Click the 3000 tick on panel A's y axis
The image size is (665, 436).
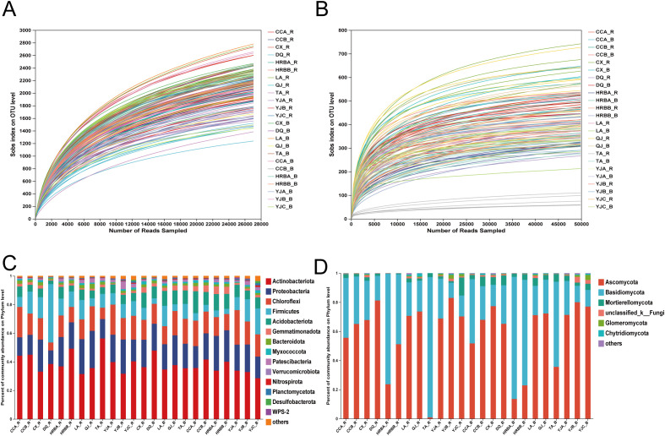coord(25,30)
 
